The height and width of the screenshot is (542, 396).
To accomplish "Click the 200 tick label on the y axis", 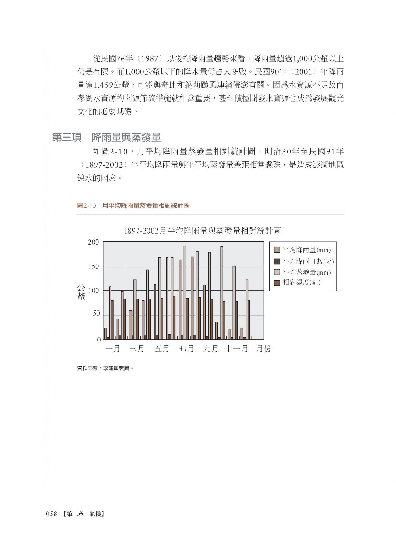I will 93,243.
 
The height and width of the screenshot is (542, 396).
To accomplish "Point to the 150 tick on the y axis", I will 93,267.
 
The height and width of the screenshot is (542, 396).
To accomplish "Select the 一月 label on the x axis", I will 113,349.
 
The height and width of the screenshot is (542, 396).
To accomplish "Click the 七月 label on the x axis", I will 186,349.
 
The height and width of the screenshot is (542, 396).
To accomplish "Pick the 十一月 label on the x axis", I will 236,349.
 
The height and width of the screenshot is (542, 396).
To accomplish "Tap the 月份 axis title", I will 263,349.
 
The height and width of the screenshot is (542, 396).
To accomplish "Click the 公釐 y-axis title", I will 81,292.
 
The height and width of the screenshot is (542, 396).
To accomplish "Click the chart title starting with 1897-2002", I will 202,231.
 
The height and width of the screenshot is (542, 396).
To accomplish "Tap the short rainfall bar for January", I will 106,334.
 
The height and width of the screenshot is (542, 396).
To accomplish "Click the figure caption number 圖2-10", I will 87,206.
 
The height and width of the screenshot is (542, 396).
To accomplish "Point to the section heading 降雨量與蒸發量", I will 126,138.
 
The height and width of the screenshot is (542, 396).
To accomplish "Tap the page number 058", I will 51,514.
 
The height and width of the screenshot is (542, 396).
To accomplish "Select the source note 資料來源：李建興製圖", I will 105,368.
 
